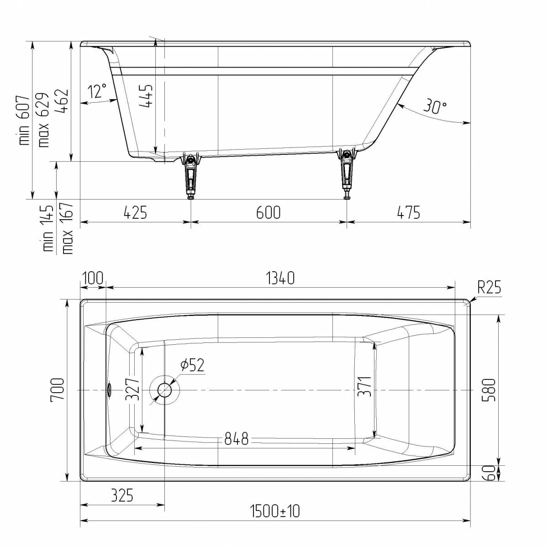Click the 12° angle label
click(x=97, y=91)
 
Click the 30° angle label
click(x=435, y=106)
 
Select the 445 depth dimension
click(x=147, y=96)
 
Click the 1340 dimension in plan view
click(x=280, y=278)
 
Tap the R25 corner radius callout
click(x=489, y=287)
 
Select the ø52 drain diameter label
click(x=192, y=365)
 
